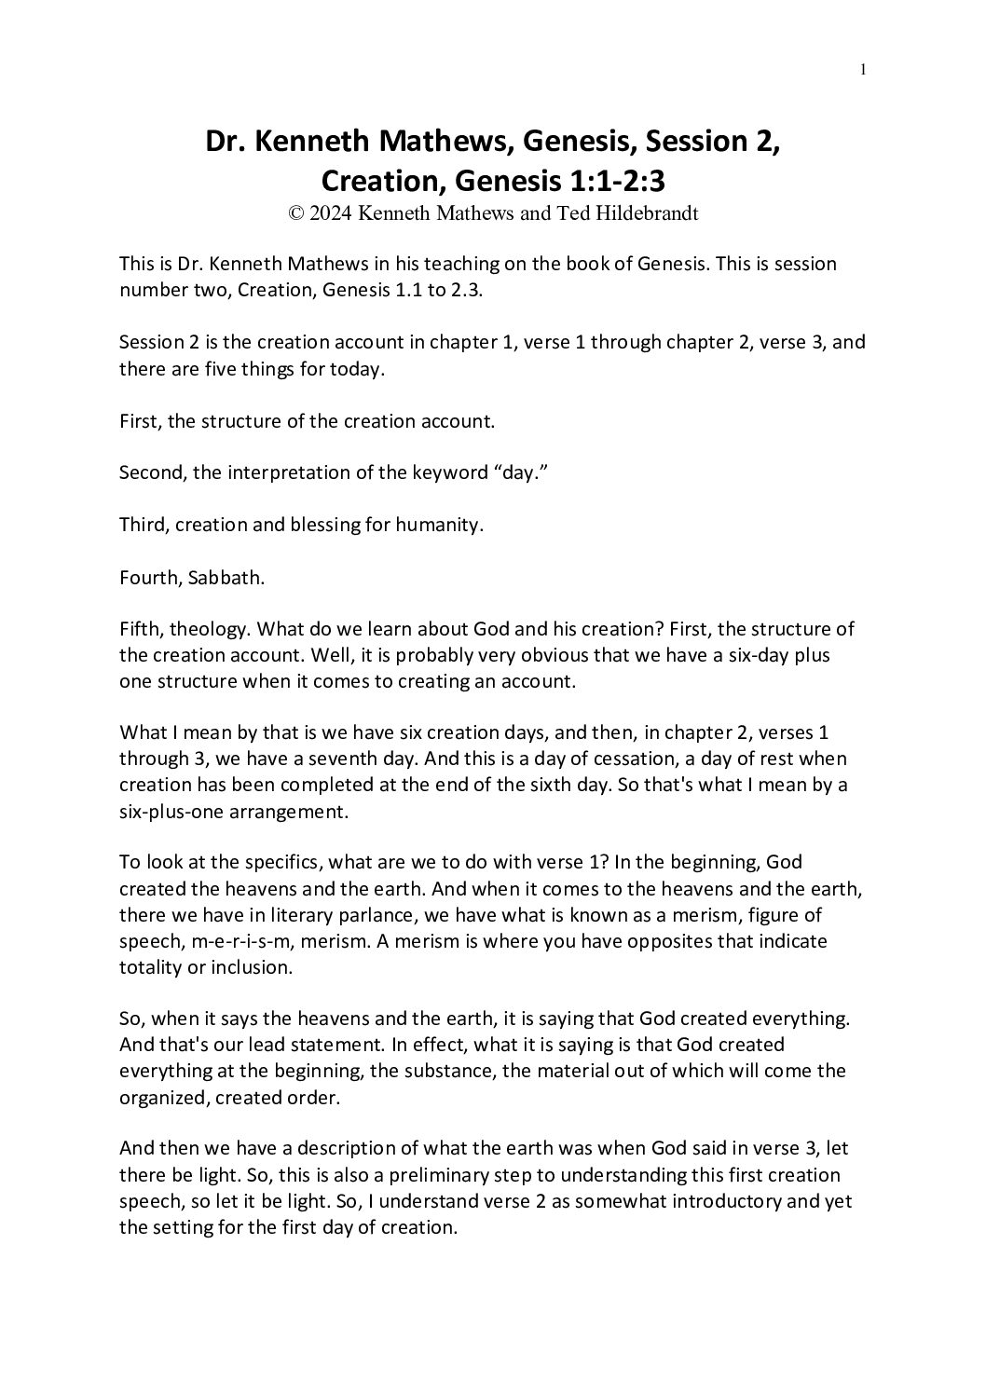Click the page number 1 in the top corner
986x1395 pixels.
[x=864, y=68]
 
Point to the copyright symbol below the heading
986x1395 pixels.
[x=296, y=212]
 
